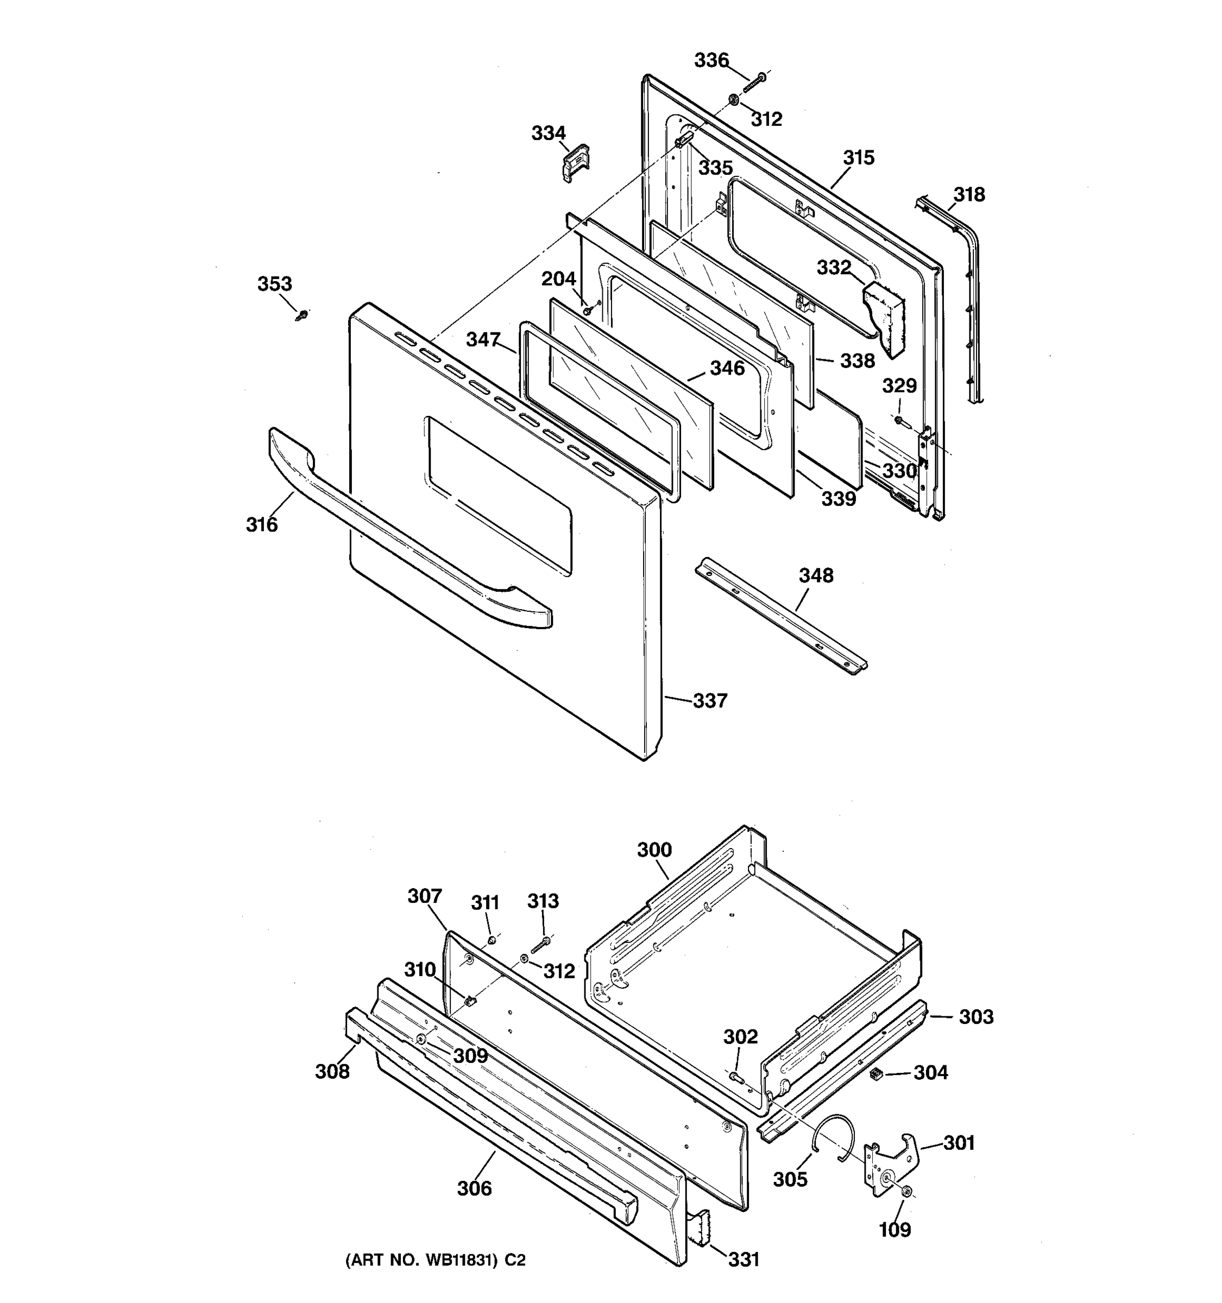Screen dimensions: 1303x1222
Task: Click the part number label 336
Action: (711, 60)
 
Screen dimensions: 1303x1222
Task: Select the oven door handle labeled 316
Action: (406, 531)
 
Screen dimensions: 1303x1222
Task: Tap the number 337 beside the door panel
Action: (710, 701)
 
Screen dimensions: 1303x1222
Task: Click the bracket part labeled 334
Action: (576, 162)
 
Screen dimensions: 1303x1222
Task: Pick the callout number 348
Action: (816, 575)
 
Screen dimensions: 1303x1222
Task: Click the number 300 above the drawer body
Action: (654, 850)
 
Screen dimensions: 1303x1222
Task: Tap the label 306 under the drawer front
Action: (474, 1188)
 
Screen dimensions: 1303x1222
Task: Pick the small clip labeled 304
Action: (874, 1073)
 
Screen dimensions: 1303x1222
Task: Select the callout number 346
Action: (727, 368)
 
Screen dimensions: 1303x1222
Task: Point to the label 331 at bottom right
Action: (744, 1259)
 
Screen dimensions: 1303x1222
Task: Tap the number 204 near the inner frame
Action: (558, 279)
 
